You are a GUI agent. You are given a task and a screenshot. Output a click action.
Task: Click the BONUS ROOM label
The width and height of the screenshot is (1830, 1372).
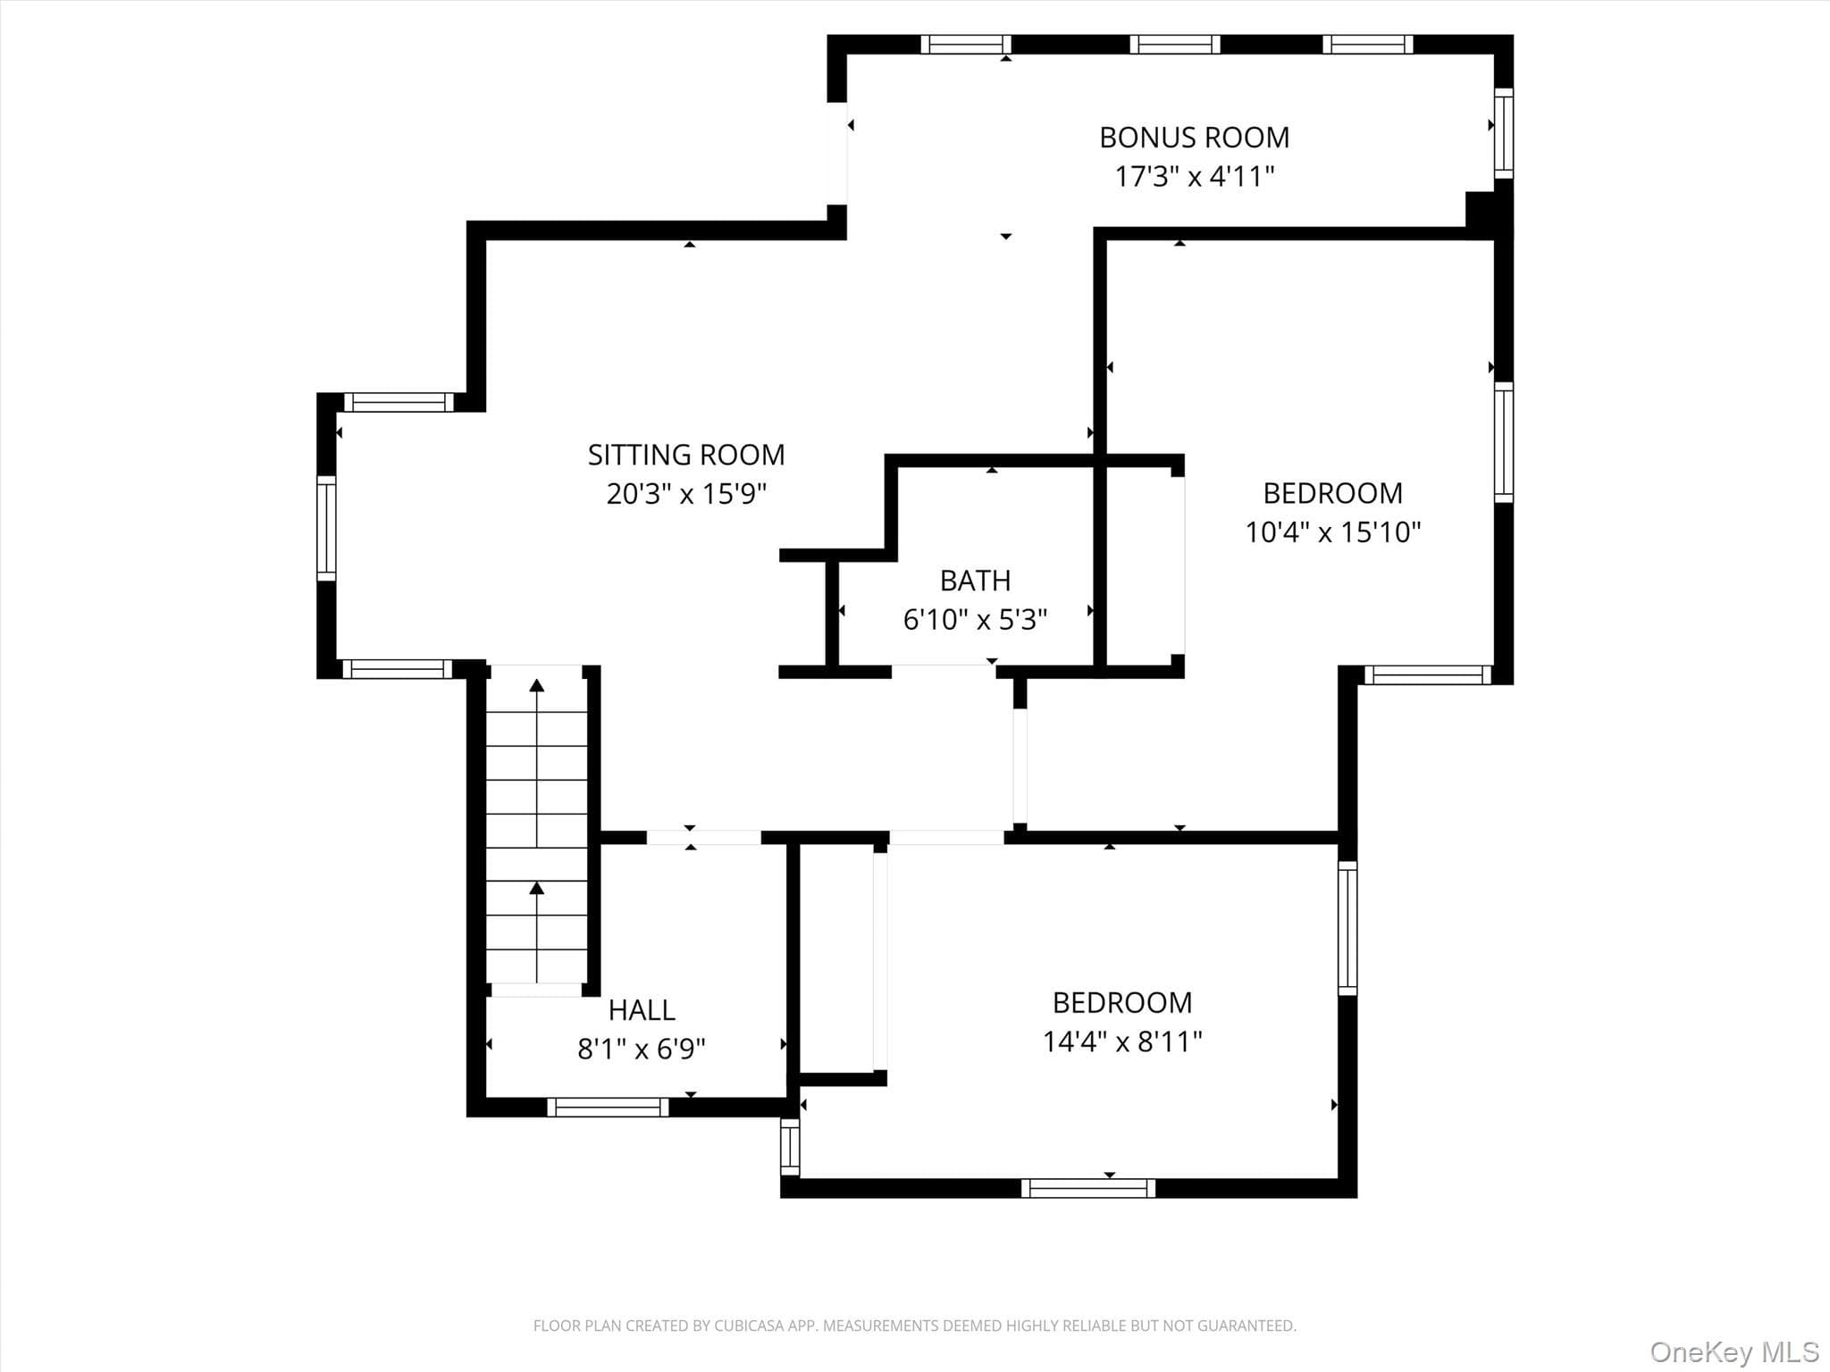click(x=1194, y=138)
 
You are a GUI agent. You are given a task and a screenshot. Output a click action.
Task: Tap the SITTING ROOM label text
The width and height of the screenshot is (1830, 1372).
click(x=686, y=456)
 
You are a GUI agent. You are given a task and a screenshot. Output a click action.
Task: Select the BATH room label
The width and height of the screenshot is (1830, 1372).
click(x=976, y=581)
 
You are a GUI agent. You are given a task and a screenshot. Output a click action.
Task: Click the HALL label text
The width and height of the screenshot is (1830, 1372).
click(x=642, y=1010)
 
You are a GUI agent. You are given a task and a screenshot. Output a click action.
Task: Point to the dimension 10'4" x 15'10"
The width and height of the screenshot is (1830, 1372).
click(x=1333, y=532)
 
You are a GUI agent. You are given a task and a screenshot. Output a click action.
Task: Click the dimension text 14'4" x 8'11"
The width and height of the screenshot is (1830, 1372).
click(x=1122, y=1042)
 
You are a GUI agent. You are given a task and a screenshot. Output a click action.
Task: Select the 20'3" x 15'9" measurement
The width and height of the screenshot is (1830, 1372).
click(x=686, y=494)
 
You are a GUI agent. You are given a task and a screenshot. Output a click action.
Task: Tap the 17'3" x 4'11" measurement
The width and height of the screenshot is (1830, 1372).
click(x=1194, y=176)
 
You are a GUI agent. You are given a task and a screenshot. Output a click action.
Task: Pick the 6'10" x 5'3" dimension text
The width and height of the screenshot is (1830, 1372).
click(x=976, y=619)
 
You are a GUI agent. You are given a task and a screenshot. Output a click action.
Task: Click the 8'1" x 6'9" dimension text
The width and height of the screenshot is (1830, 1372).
click(x=642, y=1049)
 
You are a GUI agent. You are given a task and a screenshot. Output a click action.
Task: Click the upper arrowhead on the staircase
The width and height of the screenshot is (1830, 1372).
click(x=537, y=685)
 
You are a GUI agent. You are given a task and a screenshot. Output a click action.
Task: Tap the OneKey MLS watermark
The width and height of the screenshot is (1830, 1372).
click(x=1734, y=1351)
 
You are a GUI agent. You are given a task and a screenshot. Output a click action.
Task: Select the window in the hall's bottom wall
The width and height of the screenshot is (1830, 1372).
click(x=608, y=1108)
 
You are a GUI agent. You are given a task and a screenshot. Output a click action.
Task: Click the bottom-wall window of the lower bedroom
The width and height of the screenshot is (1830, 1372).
click(x=1088, y=1188)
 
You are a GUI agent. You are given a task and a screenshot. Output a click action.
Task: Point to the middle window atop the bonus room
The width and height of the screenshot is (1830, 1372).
click(x=1175, y=45)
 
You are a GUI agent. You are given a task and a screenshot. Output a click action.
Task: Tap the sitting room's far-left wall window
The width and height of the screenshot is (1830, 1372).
click(x=326, y=529)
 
